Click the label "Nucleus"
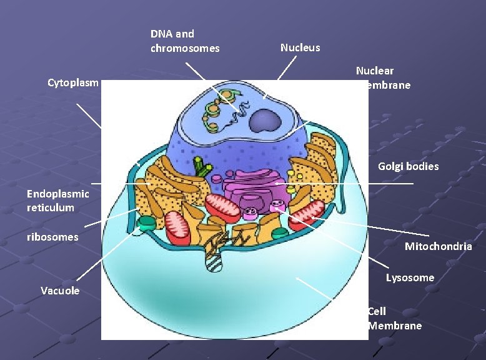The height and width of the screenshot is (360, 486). coord(300,47)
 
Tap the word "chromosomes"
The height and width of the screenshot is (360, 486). coord(185,48)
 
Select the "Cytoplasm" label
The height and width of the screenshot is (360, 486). coord(73,82)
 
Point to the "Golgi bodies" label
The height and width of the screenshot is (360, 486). coord(408,166)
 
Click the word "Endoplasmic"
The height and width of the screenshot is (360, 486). coord(58,194)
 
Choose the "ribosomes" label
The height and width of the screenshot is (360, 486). coord(52,237)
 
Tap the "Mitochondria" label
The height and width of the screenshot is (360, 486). coord(438,246)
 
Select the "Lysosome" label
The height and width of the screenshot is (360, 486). coord(410,277)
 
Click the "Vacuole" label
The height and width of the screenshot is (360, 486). coord(60,291)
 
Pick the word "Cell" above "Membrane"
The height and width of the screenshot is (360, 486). coord(377,311)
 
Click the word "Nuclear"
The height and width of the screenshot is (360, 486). coord(375,71)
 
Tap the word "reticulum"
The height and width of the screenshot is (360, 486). coord(51,207)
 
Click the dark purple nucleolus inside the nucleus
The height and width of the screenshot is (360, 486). coord(265,119)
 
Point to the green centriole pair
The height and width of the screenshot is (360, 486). coord(201,166)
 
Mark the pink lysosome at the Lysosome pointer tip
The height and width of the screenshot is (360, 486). coord(279,207)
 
